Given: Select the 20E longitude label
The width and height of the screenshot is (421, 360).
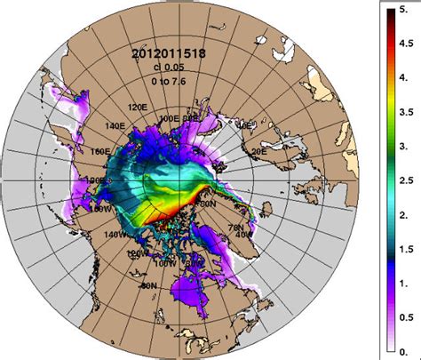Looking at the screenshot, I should tap(260, 152).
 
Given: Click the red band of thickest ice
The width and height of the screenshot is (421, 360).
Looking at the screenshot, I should tap(173, 211).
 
